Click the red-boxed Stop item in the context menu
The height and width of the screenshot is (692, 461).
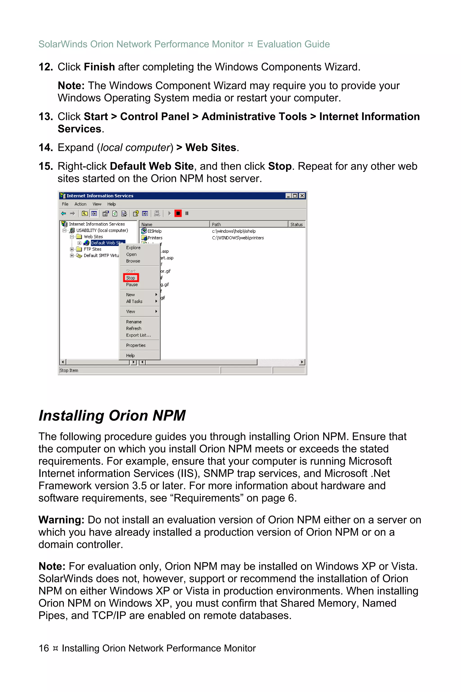click(131, 278)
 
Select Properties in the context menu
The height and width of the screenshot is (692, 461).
click(136, 345)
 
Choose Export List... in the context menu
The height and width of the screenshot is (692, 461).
click(138, 335)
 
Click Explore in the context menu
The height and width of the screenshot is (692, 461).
click(133, 248)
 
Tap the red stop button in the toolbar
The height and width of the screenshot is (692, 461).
click(178, 213)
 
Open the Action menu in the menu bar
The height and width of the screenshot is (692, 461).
click(80, 204)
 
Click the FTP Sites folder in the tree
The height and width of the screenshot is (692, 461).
click(92, 249)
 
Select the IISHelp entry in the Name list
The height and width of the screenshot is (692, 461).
click(154, 231)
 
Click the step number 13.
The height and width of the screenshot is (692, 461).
click(45, 117)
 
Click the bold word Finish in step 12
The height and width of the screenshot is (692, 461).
click(99, 67)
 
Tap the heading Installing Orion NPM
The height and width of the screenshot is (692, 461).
click(112, 416)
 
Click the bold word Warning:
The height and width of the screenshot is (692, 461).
click(61, 520)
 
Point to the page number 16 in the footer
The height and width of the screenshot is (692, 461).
click(44, 648)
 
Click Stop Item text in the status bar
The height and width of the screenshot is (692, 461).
click(69, 370)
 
